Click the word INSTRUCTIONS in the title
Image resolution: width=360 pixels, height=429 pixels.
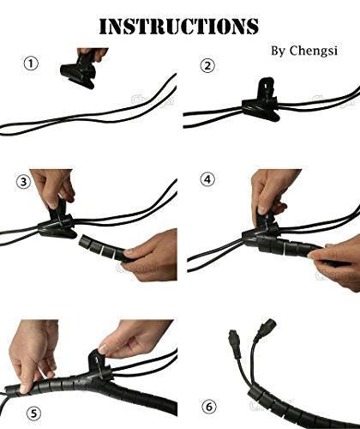coord(179,25)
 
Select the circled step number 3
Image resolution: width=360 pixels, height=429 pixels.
coord(25,181)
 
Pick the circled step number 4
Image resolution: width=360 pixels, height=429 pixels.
coord(207,181)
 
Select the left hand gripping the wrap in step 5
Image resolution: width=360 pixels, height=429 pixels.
coord(34,352)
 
